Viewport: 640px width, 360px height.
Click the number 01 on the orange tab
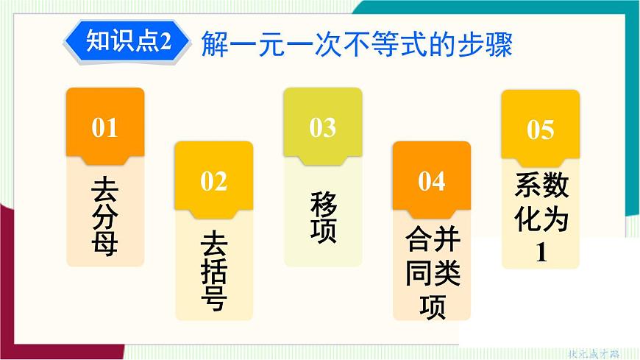click(104, 128)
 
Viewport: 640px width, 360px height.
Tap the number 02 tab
click(213, 181)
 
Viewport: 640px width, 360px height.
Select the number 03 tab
click(322, 128)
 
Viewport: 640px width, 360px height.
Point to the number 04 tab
click(431, 181)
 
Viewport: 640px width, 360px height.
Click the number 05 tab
click(540, 130)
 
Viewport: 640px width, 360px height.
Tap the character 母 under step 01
click(104, 242)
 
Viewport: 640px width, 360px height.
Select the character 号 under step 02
click(213, 299)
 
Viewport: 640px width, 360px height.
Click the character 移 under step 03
click(323, 203)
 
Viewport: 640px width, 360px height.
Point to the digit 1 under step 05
click(541, 253)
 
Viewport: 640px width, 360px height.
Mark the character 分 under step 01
click(104, 216)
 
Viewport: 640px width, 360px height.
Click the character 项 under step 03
click(323, 231)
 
